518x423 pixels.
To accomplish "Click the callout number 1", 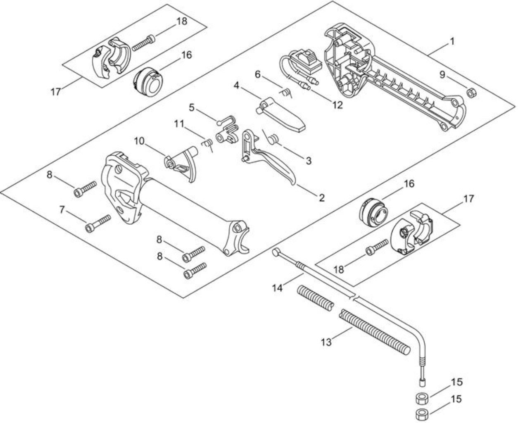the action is pos(451,41).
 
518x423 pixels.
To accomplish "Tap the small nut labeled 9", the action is pos(471,93).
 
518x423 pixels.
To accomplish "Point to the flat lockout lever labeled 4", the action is pos(280,115).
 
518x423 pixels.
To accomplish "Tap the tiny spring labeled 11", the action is pos(207,144).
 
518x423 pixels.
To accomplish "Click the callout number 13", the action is pos(326,342).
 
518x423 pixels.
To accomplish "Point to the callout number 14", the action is pos(278,288).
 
